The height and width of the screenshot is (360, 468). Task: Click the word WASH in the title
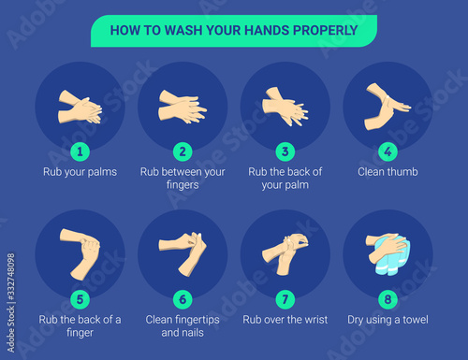(x=183, y=31)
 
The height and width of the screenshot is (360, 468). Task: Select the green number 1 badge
(x=80, y=151)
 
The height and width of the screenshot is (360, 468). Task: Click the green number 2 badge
(x=183, y=151)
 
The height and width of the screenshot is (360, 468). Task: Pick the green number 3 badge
(x=285, y=151)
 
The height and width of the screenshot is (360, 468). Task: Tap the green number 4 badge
(x=388, y=151)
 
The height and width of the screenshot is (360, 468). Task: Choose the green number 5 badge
(x=80, y=299)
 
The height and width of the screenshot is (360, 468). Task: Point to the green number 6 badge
(x=183, y=299)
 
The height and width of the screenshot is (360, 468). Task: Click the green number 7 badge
(x=285, y=299)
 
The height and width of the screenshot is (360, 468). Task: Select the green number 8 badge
(x=388, y=299)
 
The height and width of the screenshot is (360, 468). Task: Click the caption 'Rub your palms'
(x=80, y=172)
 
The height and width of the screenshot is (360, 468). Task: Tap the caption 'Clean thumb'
(x=388, y=172)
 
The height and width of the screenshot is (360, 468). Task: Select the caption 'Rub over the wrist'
(x=285, y=320)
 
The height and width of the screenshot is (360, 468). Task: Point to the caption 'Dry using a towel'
(x=388, y=320)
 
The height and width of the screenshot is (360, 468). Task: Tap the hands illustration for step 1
(x=80, y=107)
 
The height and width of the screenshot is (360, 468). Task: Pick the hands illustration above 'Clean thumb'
(x=387, y=108)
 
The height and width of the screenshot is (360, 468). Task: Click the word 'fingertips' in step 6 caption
(x=197, y=320)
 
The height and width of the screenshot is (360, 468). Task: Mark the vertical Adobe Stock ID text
(x=11, y=303)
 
